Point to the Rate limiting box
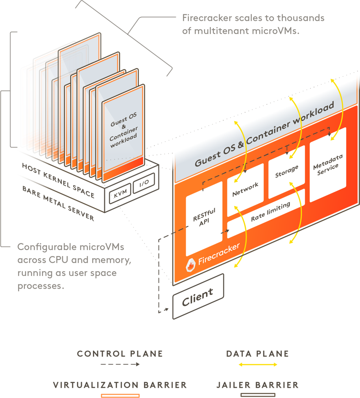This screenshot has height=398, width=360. click(270, 212)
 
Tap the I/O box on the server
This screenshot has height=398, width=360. click(143, 183)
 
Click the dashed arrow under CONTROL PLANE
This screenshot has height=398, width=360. click(120, 365)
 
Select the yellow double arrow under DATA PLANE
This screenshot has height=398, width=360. click(257, 365)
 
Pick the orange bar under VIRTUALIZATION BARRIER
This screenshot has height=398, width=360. click(120, 395)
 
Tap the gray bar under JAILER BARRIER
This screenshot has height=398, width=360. click(257, 395)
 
